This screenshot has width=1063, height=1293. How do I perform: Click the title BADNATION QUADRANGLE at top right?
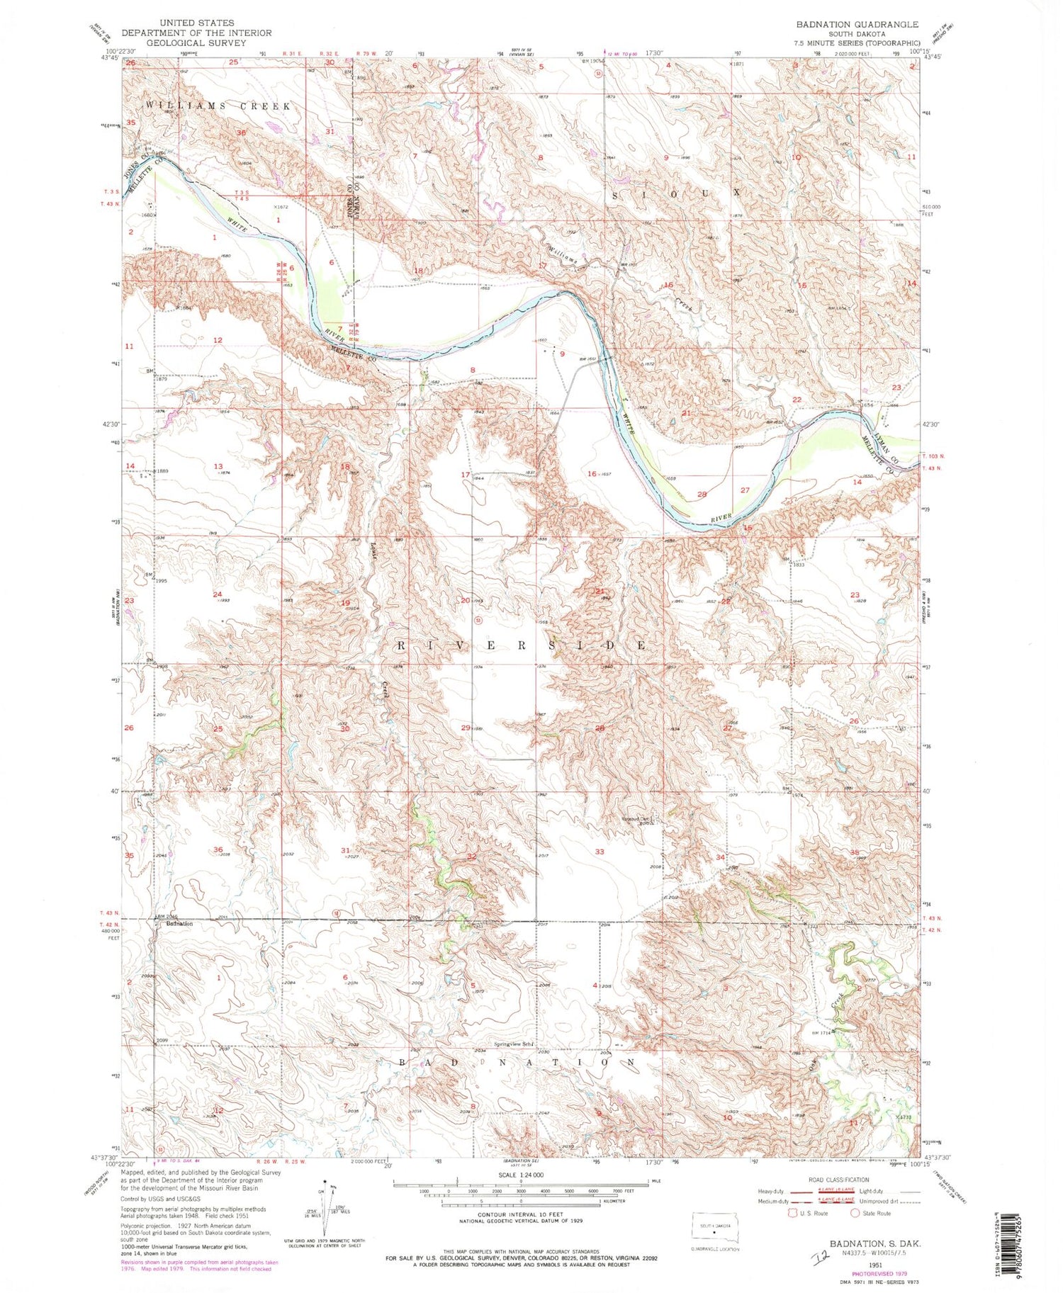(x=857, y=24)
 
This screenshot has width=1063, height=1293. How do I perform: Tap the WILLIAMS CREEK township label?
(x=218, y=106)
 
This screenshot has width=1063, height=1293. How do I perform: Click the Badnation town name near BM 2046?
(x=179, y=924)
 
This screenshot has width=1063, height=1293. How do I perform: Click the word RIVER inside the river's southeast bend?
(x=721, y=519)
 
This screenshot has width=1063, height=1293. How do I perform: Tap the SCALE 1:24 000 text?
(x=521, y=1174)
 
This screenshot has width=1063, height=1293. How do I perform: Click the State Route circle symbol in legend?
(x=857, y=1212)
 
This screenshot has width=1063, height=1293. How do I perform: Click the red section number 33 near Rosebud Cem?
(x=600, y=852)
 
